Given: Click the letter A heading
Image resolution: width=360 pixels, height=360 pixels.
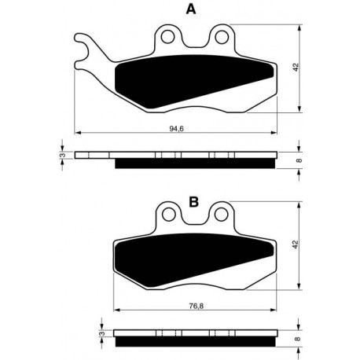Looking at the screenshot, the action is pos(191,9).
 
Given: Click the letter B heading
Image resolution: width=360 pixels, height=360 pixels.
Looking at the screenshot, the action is pos(193,202).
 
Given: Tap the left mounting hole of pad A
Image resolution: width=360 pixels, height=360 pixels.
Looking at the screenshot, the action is pos(168,37).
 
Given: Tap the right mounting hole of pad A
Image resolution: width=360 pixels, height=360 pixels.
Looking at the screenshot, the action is pos(222,37).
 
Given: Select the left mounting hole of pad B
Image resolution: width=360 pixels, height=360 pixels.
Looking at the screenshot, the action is pos(169,215).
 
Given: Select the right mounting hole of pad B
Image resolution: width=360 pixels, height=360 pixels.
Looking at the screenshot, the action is pos(222,215).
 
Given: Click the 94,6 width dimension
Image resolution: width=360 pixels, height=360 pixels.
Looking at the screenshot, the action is pos(177,128).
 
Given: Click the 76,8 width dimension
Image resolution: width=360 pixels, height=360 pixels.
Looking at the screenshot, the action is pos(196,306).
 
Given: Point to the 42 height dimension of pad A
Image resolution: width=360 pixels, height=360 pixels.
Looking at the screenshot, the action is pos(296,67).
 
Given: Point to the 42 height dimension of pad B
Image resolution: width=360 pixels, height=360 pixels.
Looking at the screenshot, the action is pos(296,244).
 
